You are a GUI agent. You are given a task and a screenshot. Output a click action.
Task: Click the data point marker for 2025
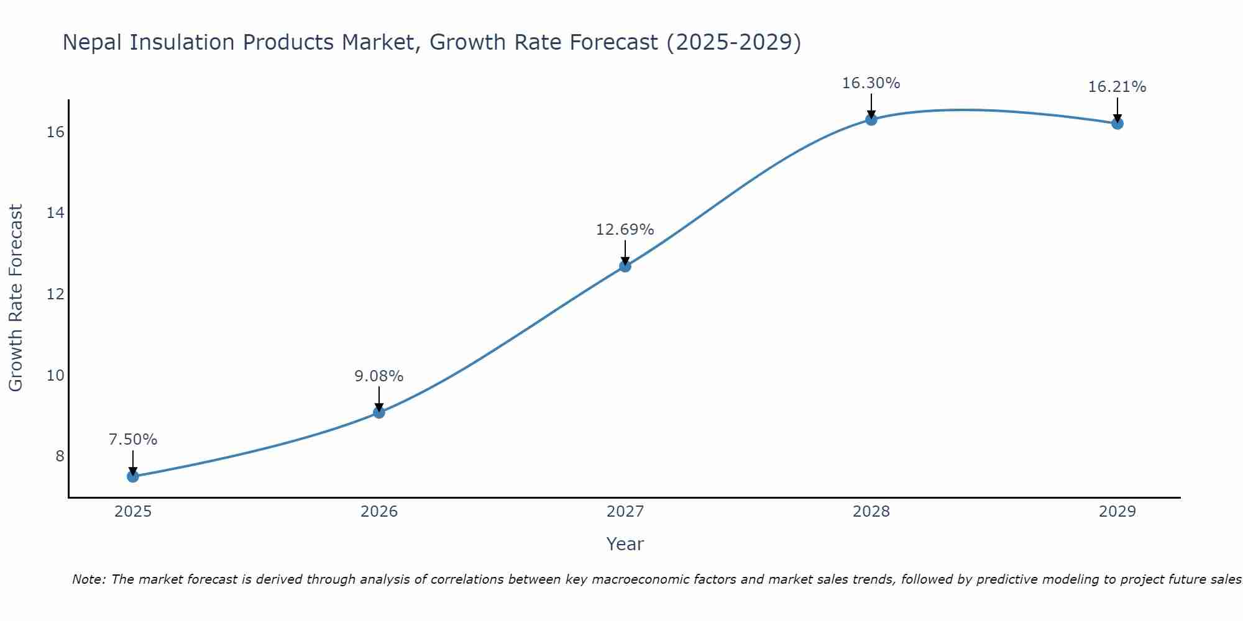133,476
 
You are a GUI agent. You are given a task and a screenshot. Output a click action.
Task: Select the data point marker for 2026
379,412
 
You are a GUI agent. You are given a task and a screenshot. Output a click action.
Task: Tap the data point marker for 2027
625,266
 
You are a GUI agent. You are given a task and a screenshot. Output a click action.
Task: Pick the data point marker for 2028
871,120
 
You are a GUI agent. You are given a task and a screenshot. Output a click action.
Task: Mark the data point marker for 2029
1117,124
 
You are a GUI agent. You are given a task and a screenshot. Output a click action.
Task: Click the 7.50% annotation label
133,440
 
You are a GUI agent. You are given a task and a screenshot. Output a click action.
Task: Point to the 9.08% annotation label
379,376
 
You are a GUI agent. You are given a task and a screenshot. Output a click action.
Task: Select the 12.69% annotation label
625,230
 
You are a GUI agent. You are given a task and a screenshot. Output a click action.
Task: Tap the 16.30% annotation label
871,83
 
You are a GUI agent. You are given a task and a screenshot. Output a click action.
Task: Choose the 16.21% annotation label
1117,87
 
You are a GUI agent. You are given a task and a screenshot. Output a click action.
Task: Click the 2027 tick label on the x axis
625,512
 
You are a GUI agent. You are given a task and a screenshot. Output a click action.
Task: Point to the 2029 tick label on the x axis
1117,512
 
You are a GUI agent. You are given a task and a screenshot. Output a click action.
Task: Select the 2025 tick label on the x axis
133,512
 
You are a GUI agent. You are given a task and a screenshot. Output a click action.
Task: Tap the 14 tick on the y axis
55,213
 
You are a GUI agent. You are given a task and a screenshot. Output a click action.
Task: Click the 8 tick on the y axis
60,456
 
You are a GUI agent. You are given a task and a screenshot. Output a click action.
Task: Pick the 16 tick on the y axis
55,132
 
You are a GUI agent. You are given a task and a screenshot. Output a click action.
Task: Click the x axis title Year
625,544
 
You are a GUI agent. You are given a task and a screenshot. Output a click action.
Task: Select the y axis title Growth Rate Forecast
16,298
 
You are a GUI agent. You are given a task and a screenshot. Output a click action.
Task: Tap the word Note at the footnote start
89,579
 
